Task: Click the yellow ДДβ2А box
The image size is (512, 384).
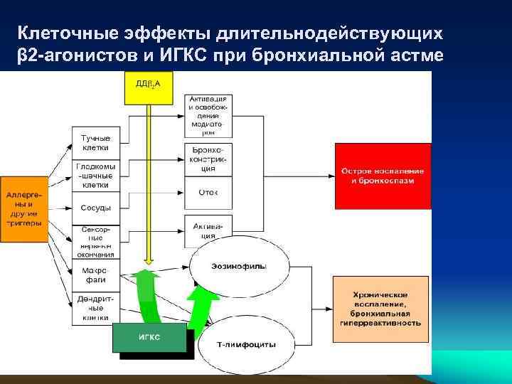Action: click(x=148, y=85)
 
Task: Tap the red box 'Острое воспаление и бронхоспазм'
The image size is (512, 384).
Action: click(x=383, y=176)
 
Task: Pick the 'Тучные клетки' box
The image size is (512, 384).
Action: click(x=95, y=142)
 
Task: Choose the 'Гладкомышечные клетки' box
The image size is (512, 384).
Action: click(x=95, y=175)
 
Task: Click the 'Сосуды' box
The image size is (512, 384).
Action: click(x=95, y=208)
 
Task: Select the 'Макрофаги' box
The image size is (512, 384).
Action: click(x=95, y=274)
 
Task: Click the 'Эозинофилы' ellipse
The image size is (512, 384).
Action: click(x=239, y=266)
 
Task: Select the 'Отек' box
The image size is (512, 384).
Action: click(x=208, y=191)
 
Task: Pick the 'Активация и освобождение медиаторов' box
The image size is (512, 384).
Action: click(x=208, y=114)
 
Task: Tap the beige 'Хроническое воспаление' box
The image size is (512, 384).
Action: click(x=380, y=308)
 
